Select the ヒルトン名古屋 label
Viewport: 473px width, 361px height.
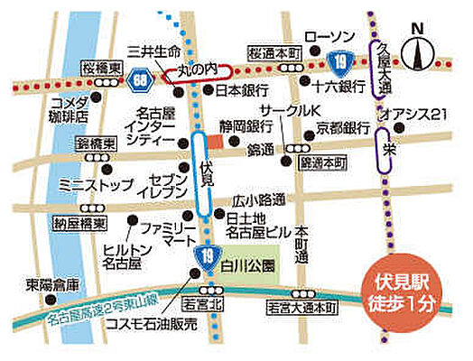(x=122, y=256)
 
